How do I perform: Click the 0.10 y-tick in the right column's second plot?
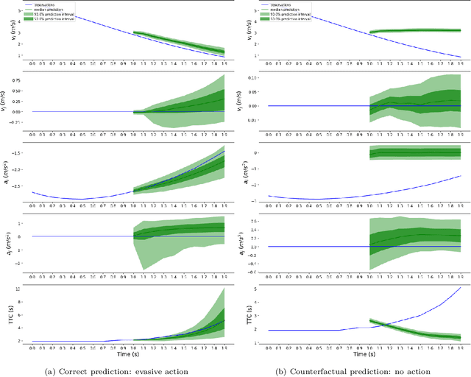coord(257,77)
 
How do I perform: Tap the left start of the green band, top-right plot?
coord(370,32)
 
